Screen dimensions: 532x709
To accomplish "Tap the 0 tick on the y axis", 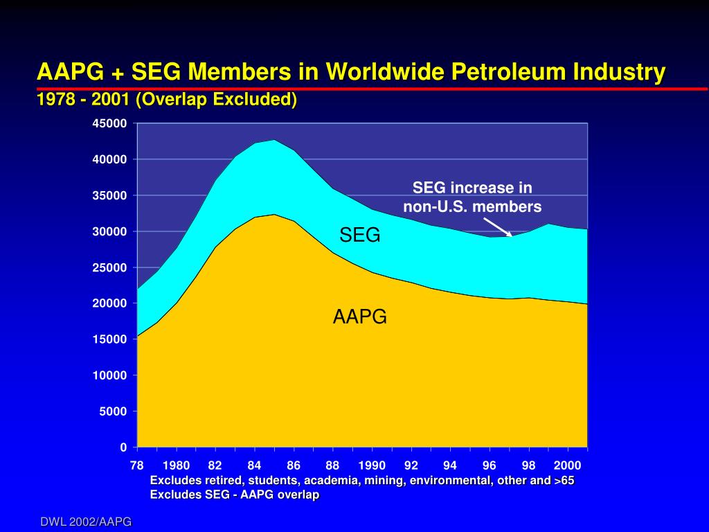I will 123,447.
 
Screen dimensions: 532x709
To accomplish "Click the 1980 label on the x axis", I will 177,465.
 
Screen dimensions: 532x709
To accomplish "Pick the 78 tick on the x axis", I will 137,465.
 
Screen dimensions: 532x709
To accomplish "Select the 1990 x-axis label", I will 372,465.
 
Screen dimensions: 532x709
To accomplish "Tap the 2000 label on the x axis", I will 567,465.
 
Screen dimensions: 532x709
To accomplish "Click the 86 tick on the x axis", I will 294,465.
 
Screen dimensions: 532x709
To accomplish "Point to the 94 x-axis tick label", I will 450,465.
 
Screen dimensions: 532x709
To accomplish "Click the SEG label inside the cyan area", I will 359,236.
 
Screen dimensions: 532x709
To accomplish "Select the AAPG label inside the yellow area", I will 359,317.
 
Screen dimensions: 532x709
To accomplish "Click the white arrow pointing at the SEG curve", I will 497,227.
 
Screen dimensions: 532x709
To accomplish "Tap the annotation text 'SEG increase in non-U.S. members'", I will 472,197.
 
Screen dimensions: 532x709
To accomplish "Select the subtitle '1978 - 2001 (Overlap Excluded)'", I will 167,100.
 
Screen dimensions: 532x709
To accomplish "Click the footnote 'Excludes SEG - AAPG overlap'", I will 235,495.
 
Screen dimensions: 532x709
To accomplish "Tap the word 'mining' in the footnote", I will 382,481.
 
